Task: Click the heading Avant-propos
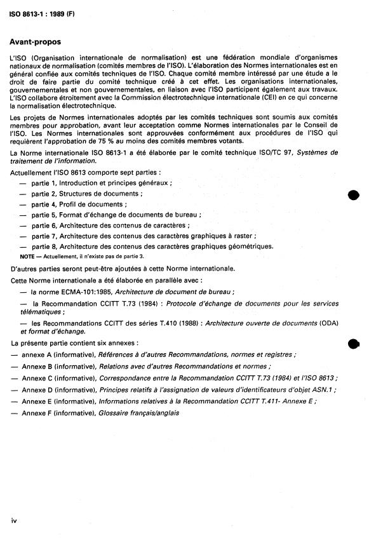(x=36, y=42)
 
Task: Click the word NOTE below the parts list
(x=27, y=256)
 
